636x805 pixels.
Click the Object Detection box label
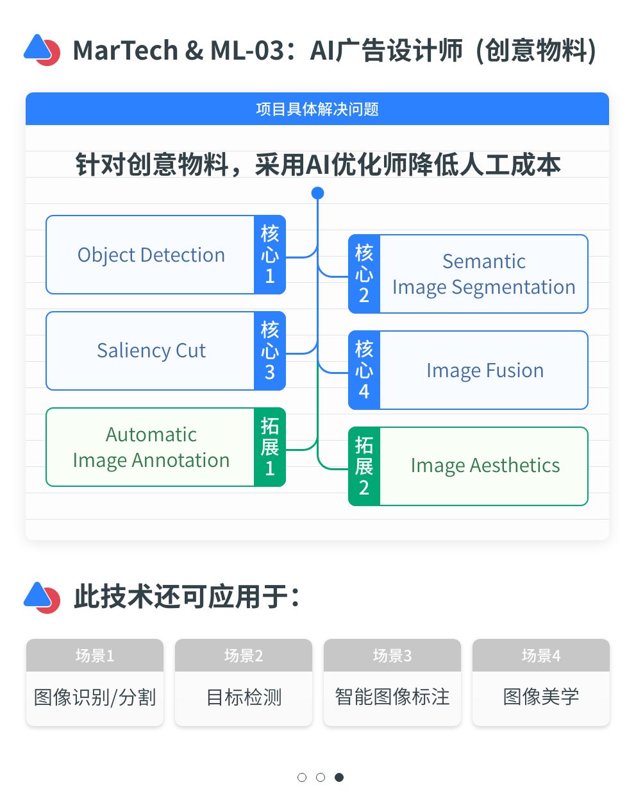(151, 255)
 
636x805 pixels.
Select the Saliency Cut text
(151, 351)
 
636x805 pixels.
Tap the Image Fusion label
(485, 370)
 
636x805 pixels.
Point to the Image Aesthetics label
(485, 466)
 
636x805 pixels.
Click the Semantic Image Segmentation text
(484, 274)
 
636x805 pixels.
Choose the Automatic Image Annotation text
(151, 447)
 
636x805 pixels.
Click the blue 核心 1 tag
(270, 255)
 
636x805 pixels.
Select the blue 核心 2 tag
(364, 274)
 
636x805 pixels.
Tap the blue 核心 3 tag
(270, 351)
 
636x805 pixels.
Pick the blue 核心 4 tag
(364, 370)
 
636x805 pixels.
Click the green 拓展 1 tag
(270, 447)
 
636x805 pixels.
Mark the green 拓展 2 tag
(364, 466)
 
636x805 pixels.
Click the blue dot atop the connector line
(317, 193)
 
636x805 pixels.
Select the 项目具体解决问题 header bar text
(317, 109)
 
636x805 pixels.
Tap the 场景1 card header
(95, 656)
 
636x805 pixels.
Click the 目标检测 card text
(244, 697)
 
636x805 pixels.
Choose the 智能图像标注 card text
(392, 697)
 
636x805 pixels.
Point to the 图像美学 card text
(541, 697)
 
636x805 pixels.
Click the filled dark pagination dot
(339, 777)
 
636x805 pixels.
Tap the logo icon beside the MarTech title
(42, 50)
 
